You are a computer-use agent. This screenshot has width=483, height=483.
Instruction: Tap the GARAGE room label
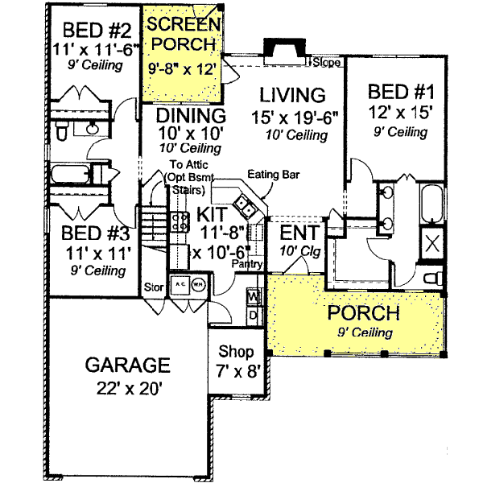[x=127, y=365]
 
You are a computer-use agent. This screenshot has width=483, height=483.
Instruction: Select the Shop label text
[x=237, y=352]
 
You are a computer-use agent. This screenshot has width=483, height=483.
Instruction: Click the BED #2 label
[x=92, y=30]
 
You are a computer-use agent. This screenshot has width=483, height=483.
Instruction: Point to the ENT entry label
[x=300, y=233]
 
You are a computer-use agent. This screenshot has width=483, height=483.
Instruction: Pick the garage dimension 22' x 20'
[x=127, y=388]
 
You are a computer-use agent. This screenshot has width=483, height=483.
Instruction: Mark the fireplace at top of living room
[x=285, y=50]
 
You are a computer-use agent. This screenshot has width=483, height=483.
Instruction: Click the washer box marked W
[x=252, y=298]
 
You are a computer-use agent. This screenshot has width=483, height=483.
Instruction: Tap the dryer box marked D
[x=252, y=314]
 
